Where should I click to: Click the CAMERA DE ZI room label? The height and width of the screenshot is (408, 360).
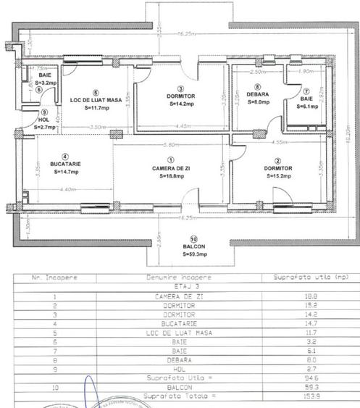tap(170, 168)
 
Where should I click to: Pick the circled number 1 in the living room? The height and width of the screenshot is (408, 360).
tap(170, 160)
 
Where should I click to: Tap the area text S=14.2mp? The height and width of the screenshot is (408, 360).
tap(183, 104)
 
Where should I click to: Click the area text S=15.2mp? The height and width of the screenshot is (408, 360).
tap(278, 176)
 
